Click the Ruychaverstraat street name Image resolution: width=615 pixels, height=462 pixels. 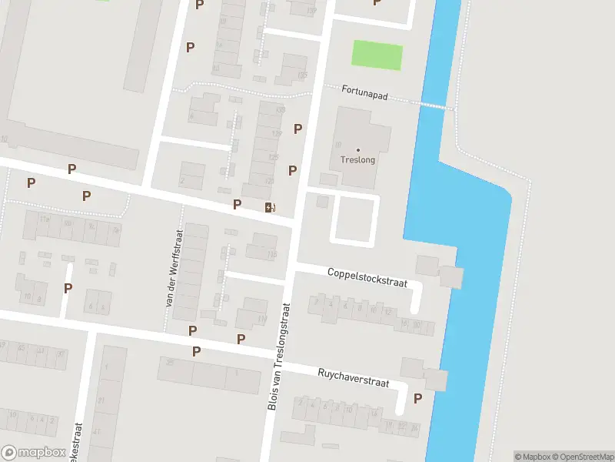point(354,377)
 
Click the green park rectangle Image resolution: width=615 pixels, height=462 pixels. point(377,55)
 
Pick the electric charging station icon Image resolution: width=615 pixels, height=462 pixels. point(269,207)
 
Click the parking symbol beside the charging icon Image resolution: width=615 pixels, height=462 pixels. point(238,204)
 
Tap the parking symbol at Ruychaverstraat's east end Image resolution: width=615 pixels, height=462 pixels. point(418,398)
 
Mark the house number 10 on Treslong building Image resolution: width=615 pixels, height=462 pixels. point(338,144)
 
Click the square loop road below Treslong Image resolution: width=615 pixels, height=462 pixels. point(355,220)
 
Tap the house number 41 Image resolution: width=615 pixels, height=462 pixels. point(98,432)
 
